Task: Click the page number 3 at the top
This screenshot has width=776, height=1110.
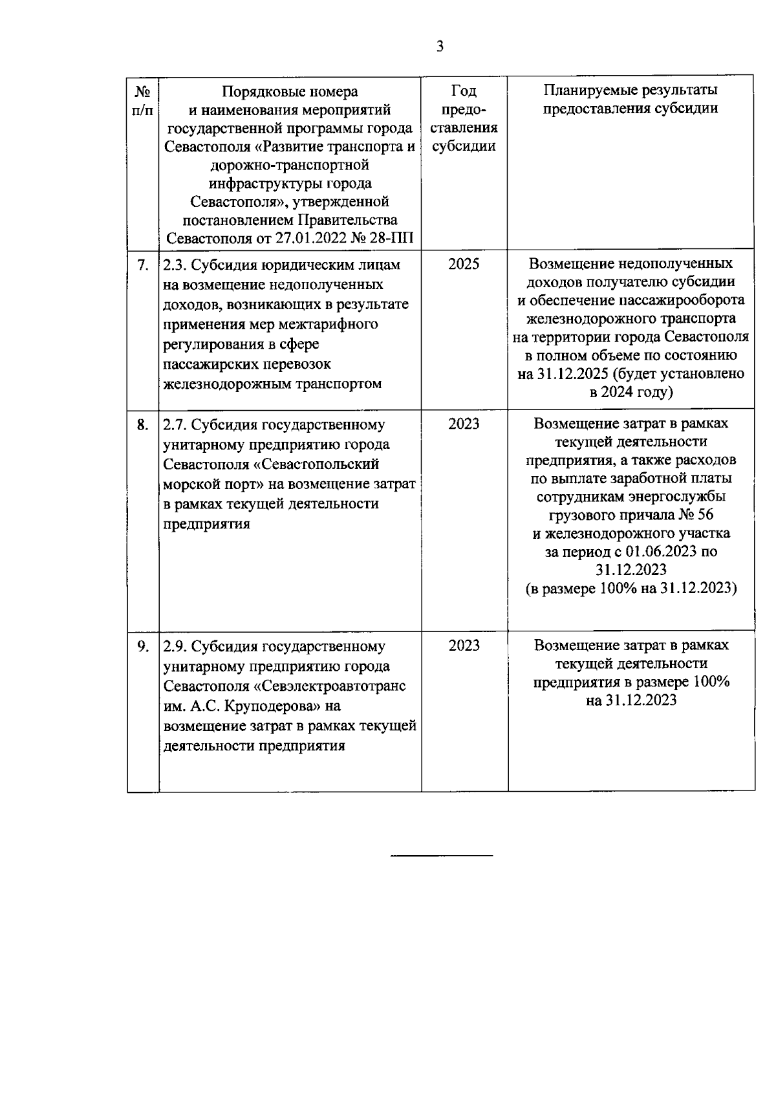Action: point(440,47)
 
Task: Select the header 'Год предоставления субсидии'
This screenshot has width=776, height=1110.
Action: point(464,118)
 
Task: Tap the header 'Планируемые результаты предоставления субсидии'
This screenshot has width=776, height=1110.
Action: point(630,99)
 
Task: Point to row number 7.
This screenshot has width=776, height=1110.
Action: point(143,265)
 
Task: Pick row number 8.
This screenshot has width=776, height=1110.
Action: point(143,425)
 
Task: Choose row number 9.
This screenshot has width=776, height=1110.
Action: point(143,646)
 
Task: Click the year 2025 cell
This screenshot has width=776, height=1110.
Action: point(464,265)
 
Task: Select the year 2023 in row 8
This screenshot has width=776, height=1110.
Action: point(464,424)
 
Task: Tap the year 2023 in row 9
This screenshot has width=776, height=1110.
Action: point(464,646)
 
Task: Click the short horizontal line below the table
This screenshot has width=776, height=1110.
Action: point(442,856)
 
